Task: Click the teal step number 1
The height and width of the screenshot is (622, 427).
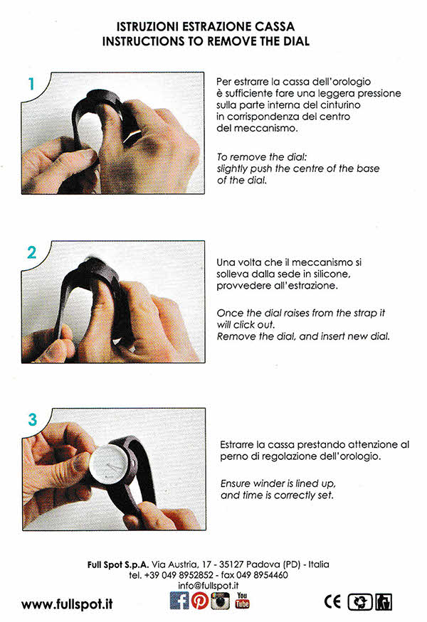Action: (31, 84)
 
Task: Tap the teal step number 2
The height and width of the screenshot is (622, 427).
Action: (32, 252)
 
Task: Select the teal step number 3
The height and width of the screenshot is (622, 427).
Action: (32, 419)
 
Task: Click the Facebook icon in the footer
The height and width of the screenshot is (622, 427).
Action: (179, 600)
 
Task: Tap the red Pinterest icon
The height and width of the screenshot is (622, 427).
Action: (200, 601)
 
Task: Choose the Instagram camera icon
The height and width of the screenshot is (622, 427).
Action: (220, 601)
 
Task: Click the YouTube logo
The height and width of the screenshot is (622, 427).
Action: (242, 600)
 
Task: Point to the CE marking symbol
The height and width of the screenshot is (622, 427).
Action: (332, 602)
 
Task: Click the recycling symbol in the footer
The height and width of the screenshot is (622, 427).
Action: (360, 602)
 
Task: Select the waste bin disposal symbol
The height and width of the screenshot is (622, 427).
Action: (384, 602)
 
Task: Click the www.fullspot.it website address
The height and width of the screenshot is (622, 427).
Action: (67, 604)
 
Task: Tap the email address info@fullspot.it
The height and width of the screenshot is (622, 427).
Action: (208, 586)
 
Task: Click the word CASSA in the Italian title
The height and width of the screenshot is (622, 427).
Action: (275, 26)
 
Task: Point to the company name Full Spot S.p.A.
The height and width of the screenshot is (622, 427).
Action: (118, 564)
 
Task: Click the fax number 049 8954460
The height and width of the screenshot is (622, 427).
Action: (262, 575)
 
